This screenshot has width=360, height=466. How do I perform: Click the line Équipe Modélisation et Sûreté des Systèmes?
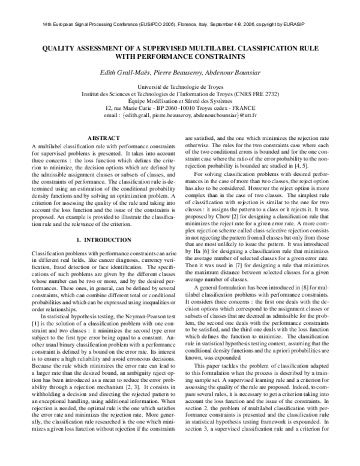180,100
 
